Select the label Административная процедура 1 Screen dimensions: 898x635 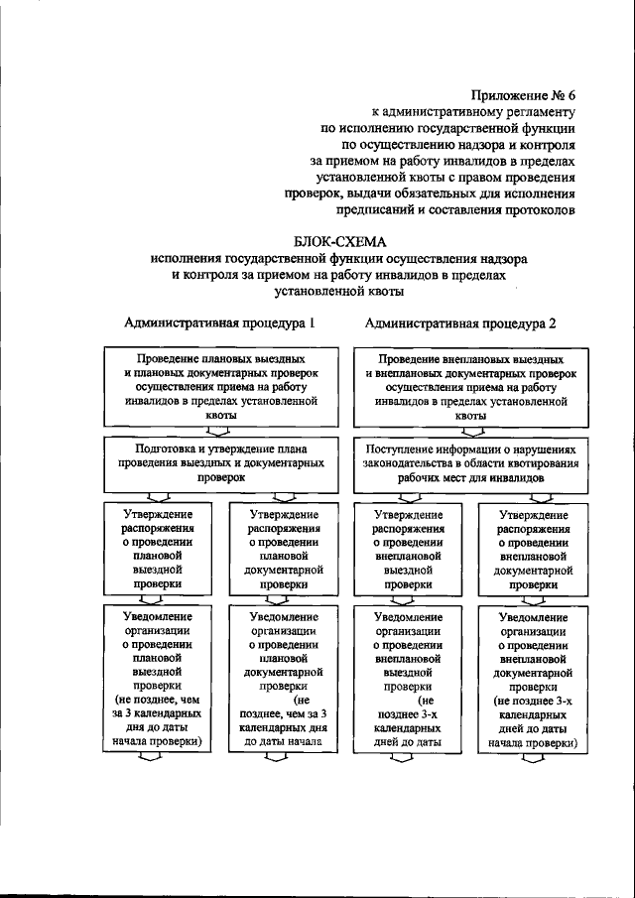219,322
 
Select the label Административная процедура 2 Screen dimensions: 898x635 460,322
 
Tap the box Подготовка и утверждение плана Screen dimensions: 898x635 220,462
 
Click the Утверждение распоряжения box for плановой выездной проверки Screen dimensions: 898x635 158,550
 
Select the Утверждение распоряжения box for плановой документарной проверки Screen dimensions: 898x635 284,550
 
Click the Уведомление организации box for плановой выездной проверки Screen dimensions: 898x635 158,678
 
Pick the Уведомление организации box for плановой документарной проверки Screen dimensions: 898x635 284,678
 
